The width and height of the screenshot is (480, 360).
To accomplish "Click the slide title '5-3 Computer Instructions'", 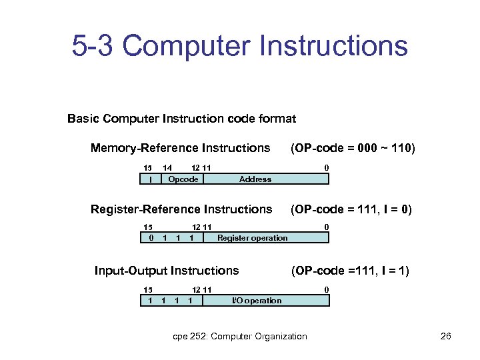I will point(240,47).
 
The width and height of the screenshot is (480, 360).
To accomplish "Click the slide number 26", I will point(446,336).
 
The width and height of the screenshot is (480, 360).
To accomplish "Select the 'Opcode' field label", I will point(183,179).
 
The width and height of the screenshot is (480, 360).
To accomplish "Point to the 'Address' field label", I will point(255,179).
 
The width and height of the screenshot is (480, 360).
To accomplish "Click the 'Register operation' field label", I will point(252,237).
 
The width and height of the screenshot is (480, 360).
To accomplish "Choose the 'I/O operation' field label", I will point(256,300).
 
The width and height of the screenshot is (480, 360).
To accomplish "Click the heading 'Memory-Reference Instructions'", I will point(180,148).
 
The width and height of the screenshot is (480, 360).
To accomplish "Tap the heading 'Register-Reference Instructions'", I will point(181,209).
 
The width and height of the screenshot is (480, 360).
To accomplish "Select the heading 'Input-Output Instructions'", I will point(166,271).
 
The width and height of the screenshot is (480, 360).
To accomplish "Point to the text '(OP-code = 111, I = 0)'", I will point(350,209).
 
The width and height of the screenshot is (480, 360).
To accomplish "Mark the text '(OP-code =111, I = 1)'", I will point(350,271).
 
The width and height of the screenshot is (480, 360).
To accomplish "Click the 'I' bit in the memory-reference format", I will point(151,179).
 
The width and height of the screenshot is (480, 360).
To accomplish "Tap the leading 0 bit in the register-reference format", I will point(151,237).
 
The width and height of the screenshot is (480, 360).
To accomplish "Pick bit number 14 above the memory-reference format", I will point(168,167).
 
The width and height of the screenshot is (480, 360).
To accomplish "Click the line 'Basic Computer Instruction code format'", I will point(181,119).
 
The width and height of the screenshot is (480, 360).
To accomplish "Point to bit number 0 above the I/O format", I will point(326,289).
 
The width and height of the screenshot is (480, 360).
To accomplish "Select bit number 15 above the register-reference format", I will point(148,227).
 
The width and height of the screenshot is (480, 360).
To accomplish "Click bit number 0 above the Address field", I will point(326,167).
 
